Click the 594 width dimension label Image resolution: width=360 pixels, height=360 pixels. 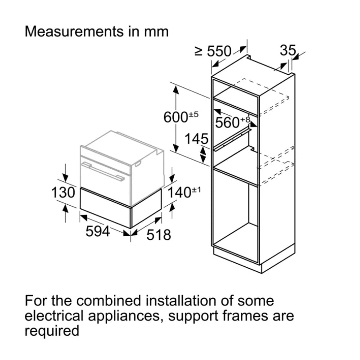pos(98,232)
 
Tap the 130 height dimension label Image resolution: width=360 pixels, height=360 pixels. pos(63,193)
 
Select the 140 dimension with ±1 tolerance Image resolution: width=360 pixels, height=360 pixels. pos(184,193)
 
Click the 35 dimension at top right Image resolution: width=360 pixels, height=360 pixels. pos(288,50)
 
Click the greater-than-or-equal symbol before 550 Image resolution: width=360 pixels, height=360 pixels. pos(198,52)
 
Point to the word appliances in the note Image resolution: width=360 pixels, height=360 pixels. pos(126,316)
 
